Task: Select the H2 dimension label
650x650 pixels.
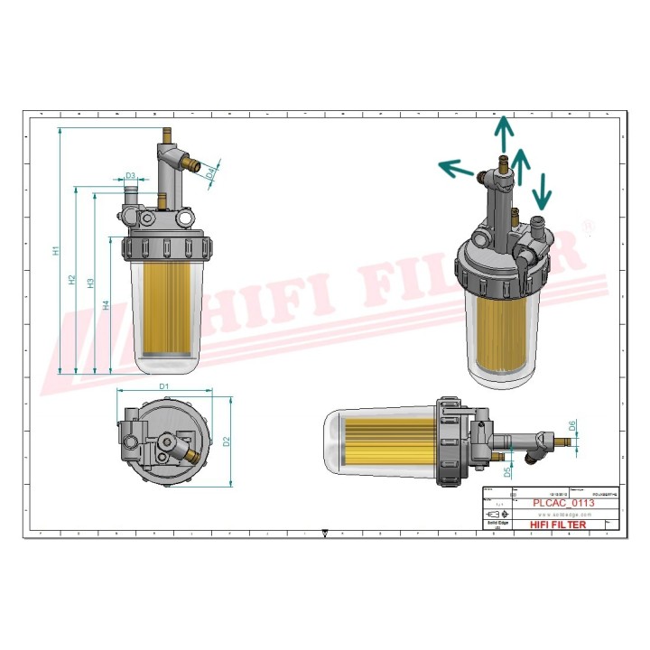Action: (x=73, y=281)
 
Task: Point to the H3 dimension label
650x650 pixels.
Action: (x=91, y=283)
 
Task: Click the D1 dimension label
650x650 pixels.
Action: (x=164, y=386)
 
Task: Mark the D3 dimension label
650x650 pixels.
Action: (x=130, y=176)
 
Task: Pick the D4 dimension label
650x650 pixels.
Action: (x=210, y=171)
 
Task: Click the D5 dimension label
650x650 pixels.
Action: (x=508, y=470)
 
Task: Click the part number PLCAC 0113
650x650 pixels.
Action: (x=563, y=504)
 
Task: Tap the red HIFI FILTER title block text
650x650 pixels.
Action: (x=557, y=525)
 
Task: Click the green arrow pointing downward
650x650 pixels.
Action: (x=543, y=190)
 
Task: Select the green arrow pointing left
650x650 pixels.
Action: (x=456, y=168)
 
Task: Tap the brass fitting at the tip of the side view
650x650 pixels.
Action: (x=565, y=440)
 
